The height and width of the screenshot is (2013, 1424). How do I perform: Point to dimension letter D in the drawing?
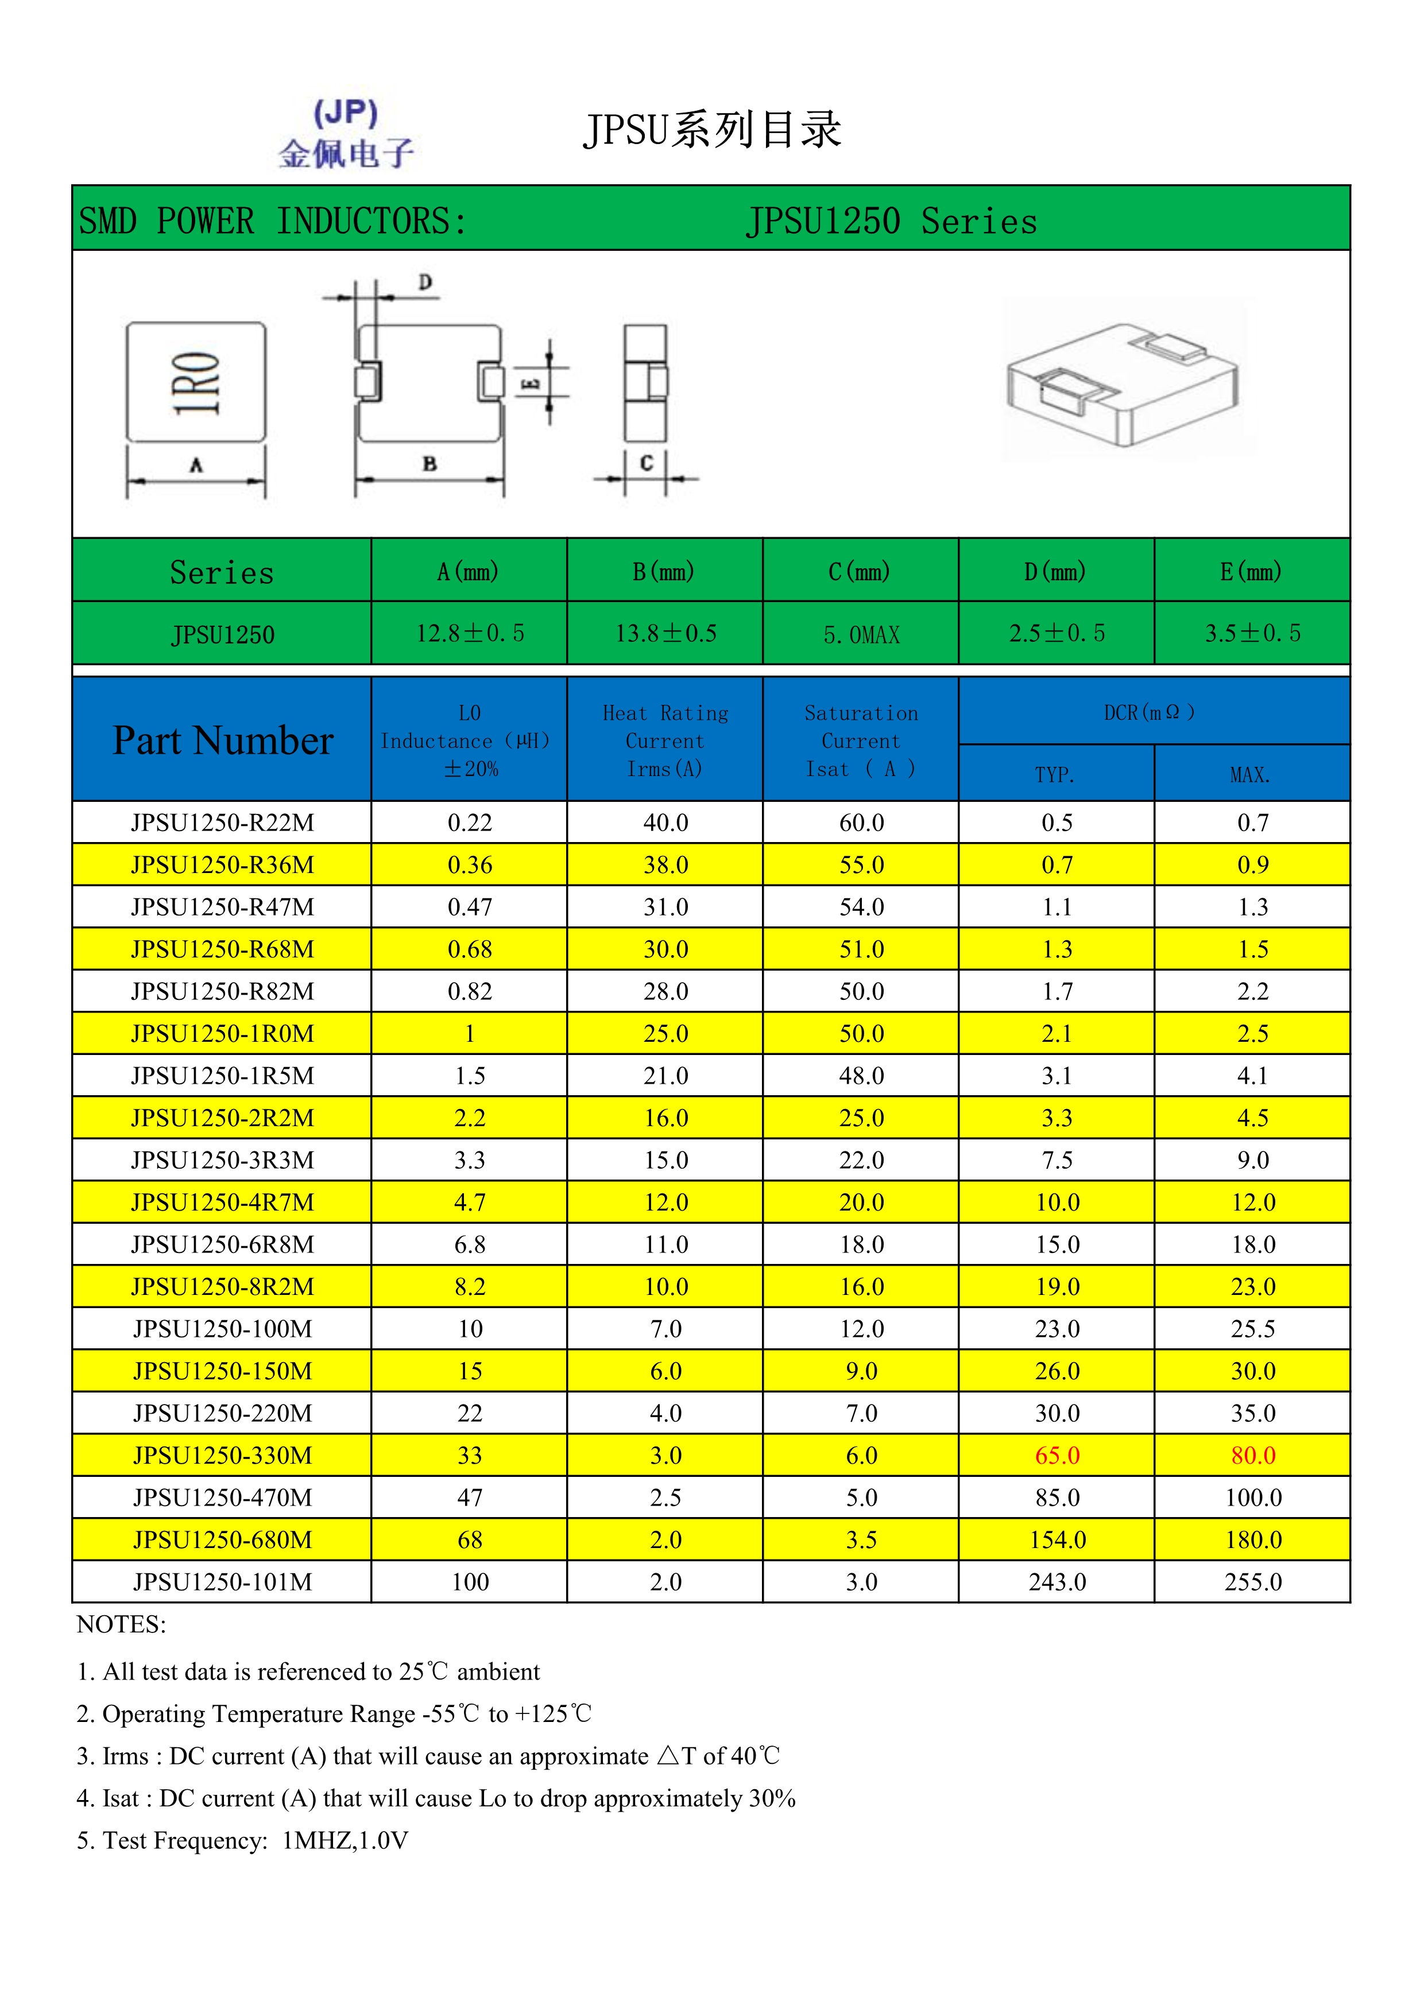(425, 282)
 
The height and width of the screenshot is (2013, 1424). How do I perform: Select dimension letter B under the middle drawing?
(429, 464)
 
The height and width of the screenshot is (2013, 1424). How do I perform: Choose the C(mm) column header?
(860, 572)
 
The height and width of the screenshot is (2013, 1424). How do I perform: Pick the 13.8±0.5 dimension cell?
(665, 633)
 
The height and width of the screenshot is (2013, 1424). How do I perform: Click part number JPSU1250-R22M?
(223, 823)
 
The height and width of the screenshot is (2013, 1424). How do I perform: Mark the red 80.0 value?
(1252, 1456)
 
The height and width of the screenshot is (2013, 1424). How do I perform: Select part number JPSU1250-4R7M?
(223, 1202)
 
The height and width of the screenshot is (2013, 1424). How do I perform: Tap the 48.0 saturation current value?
(861, 1076)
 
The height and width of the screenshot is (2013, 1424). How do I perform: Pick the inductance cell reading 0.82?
(470, 992)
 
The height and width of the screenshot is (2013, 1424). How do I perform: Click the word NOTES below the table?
(121, 1624)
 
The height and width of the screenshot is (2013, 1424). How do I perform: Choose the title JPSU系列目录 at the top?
(712, 130)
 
